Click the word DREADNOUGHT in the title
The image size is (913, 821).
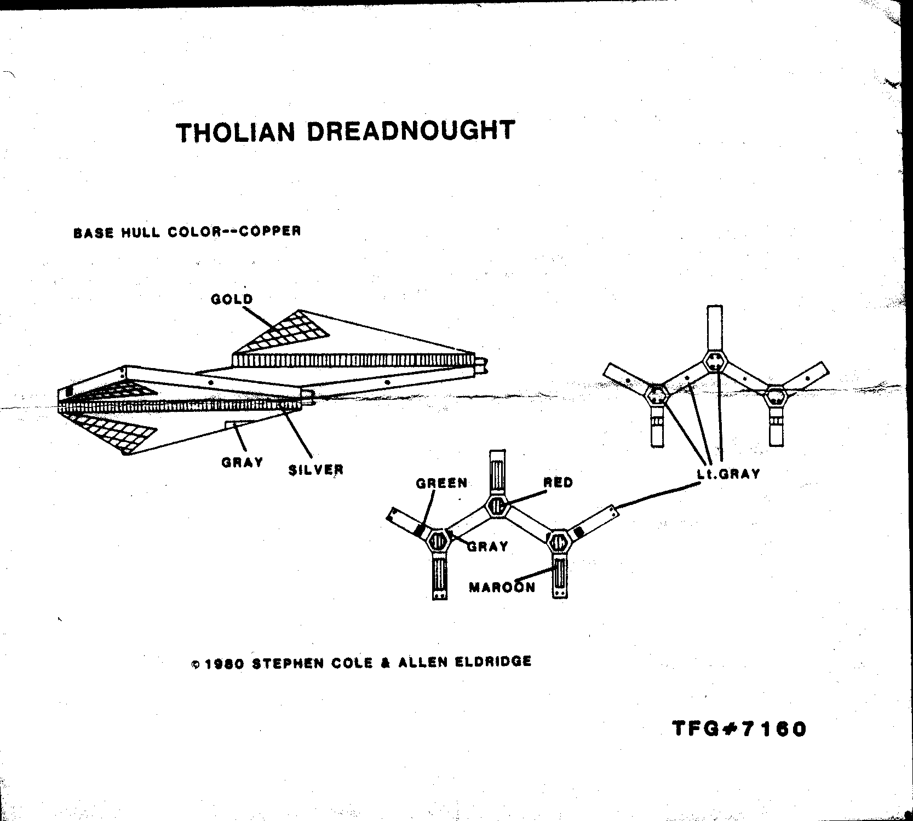pyautogui.click(x=411, y=131)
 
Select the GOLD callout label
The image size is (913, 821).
pyautogui.click(x=232, y=299)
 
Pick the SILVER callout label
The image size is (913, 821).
pyautogui.click(x=316, y=469)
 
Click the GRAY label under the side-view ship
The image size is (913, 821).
pyautogui.click(x=242, y=462)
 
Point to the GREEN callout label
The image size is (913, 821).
pyautogui.click(x=441, y=483)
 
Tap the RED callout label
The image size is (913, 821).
pyautogui.click(x=558, y=483)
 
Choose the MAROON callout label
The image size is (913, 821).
pyautogui.click(x=502, y=588)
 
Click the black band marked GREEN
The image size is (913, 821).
pyautogui.click(x=420, y=530)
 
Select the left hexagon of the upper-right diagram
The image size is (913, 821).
pyautogui.click(x=656, y=395)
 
